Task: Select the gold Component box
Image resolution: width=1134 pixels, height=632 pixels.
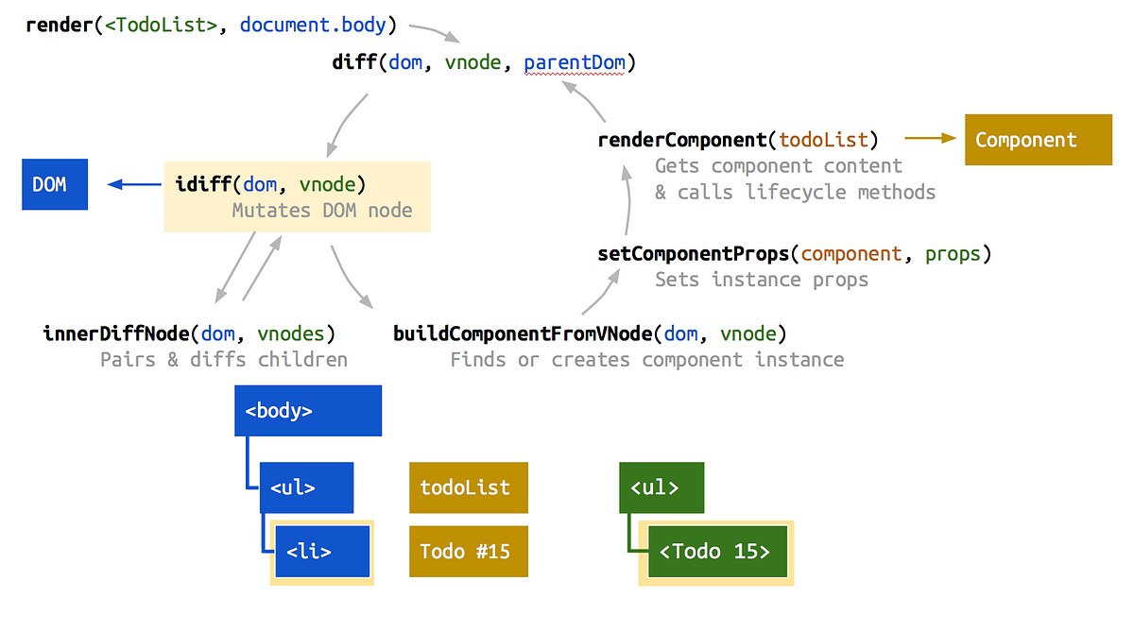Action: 1038,140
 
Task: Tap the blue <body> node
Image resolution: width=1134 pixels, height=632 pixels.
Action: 308,411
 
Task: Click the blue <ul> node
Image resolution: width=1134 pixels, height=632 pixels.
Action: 306,487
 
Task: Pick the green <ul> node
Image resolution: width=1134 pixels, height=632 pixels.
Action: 661,487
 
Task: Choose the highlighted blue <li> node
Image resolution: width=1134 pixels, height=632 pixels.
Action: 322,552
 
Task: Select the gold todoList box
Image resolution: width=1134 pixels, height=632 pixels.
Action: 468,487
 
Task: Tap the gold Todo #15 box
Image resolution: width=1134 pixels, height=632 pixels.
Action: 468,552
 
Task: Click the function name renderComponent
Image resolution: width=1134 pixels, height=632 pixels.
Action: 681,140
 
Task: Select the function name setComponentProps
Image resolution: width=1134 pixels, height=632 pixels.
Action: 693,254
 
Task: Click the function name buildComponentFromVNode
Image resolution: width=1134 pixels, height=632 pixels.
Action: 523,333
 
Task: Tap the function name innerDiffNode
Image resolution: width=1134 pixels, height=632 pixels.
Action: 116,333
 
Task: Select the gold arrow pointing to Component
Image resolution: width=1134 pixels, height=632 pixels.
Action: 930,139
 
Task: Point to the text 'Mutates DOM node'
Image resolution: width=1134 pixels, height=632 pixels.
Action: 322,211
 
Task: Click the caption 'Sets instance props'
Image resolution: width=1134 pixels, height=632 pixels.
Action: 762,280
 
